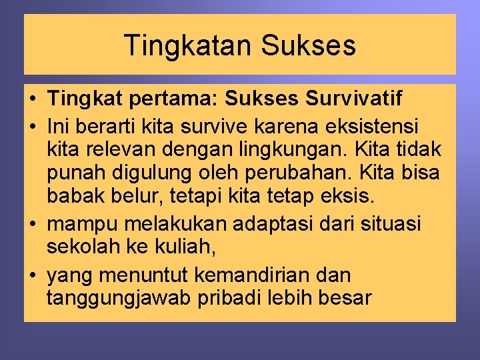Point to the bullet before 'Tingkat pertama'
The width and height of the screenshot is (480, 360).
[33, 100]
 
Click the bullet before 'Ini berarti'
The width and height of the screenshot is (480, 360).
[33, 125]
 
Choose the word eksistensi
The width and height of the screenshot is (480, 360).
[363, 124]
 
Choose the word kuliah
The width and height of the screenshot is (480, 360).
[188, 248]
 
